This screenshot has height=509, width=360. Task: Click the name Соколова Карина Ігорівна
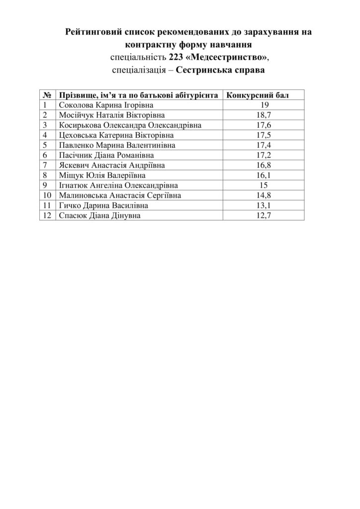(106, 105)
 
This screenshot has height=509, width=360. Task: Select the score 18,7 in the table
(264, 115)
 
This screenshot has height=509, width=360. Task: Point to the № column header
(48, 95)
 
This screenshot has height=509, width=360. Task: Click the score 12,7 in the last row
(264, 216)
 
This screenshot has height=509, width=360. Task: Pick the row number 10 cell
(48, 195)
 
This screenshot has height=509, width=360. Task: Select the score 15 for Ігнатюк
(264, 185)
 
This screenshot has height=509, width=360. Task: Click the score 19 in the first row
(264, 105)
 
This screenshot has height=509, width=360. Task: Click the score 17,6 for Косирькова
(264, 125)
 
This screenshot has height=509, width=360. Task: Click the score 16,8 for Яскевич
(264, 165)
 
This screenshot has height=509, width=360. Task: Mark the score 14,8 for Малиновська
(264, 195)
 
